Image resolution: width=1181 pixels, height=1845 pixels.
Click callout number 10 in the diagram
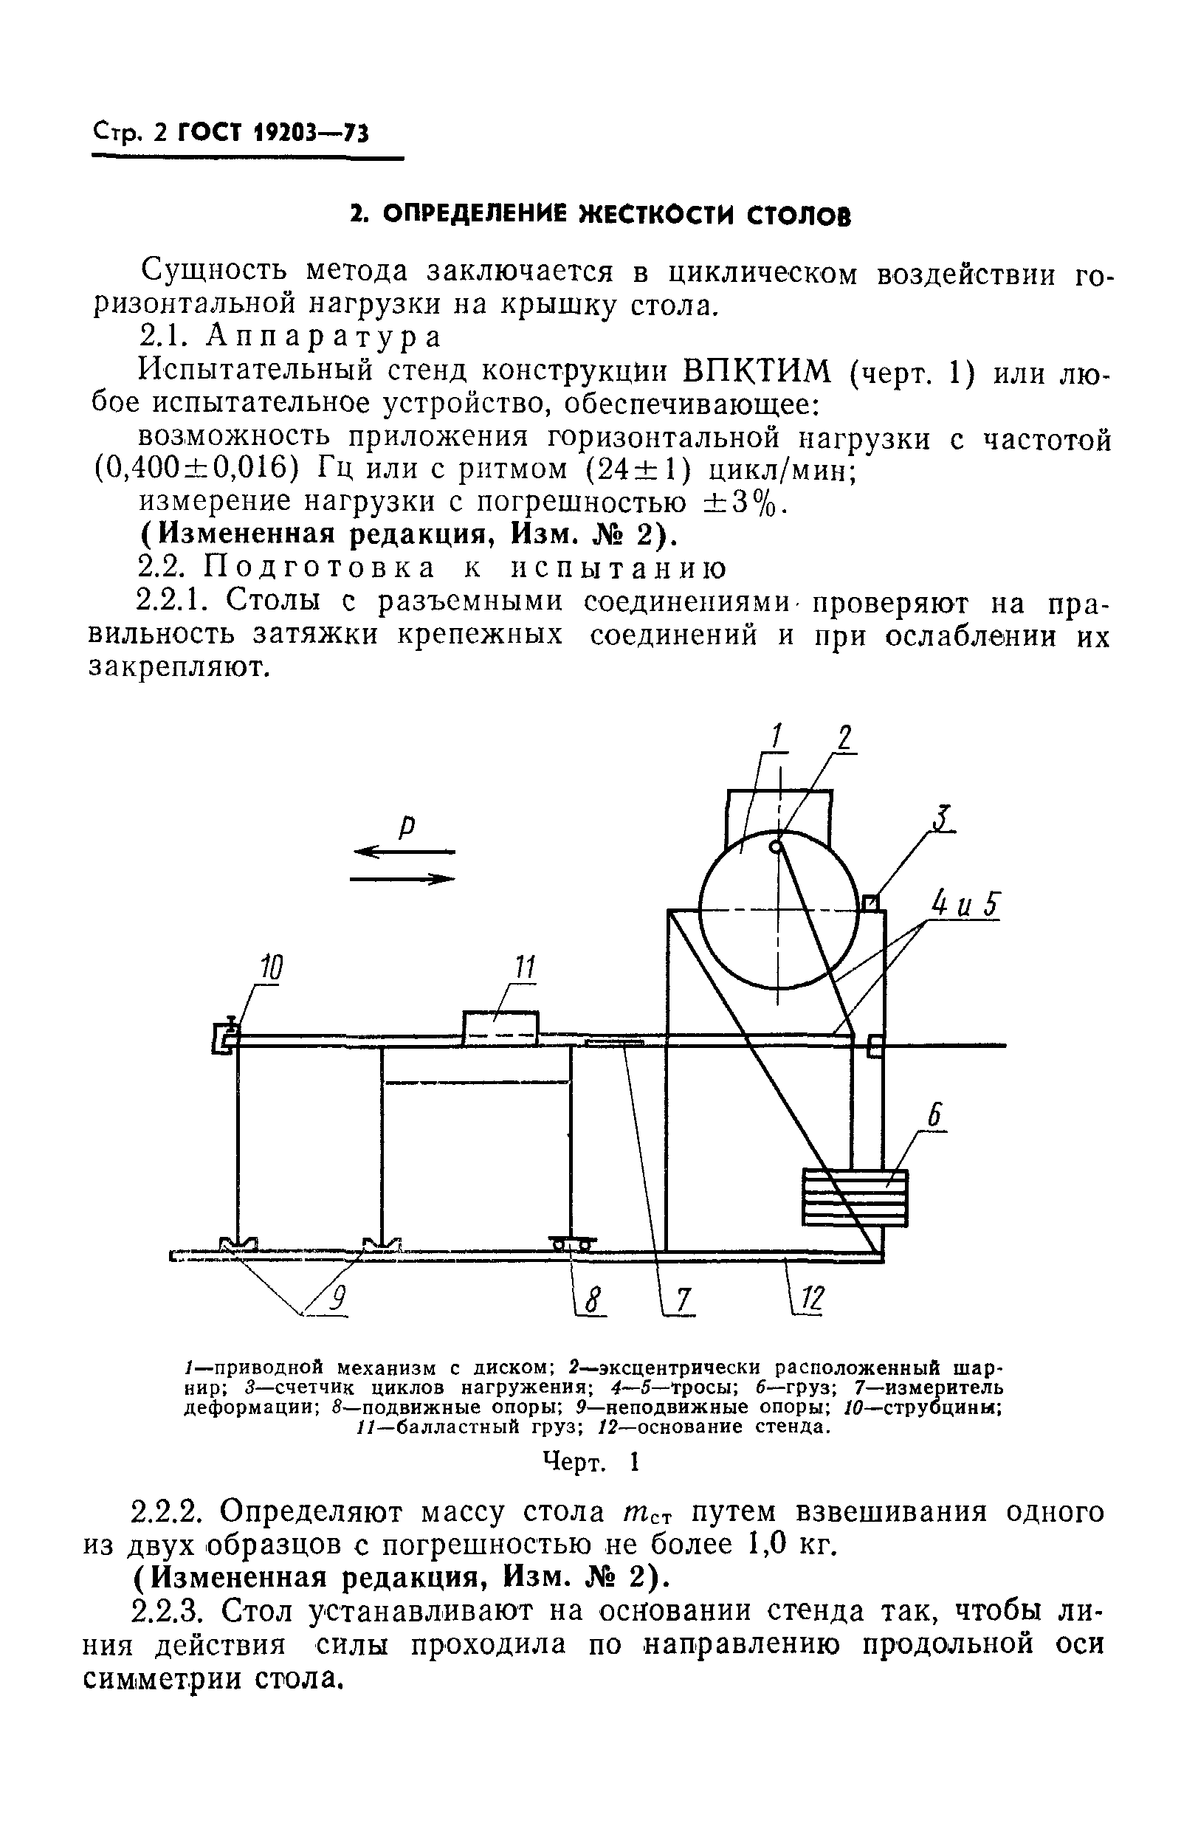tap(270, 969)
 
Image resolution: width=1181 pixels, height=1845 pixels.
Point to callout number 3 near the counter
tap(944, 818)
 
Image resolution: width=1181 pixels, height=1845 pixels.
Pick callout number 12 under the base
tap(811, 1300)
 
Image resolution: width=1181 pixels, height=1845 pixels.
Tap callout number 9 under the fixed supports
tap(338, 1298)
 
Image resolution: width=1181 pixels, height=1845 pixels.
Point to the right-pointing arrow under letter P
tap(403, 879)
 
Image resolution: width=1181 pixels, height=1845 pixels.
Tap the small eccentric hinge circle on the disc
tap(776, 846)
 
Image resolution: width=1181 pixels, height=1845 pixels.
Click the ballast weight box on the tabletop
tap(500, 1028)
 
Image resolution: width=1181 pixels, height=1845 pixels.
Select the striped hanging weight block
tap(854, 1197)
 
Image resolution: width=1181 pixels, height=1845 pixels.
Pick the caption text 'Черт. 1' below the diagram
tap(590, 1463)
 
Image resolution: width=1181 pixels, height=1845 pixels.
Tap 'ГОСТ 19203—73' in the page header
tap(273, 134)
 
